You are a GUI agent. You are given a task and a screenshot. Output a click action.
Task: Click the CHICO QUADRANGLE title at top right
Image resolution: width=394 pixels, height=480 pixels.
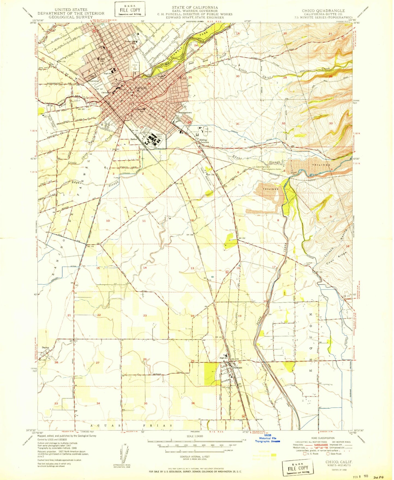pos(323,11)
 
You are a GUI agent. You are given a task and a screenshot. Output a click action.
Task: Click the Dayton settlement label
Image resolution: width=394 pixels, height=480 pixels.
pos(45,348)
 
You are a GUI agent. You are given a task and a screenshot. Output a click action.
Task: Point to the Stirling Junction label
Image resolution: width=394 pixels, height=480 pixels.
pos(204,141)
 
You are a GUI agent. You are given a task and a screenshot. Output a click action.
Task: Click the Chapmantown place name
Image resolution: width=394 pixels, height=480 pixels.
pos(185,112)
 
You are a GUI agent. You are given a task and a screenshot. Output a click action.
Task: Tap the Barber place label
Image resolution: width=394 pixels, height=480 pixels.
pos(134,139)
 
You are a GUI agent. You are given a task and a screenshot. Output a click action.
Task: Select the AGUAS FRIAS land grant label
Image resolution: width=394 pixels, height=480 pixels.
pos(131,425)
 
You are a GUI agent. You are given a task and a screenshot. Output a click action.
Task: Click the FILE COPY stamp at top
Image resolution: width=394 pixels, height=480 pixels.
pos(130,9)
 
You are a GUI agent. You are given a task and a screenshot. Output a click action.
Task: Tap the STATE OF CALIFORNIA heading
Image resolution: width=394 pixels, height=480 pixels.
pos(195,7)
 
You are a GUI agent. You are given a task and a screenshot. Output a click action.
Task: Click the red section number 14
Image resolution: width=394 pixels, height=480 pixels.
pos(145,268)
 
